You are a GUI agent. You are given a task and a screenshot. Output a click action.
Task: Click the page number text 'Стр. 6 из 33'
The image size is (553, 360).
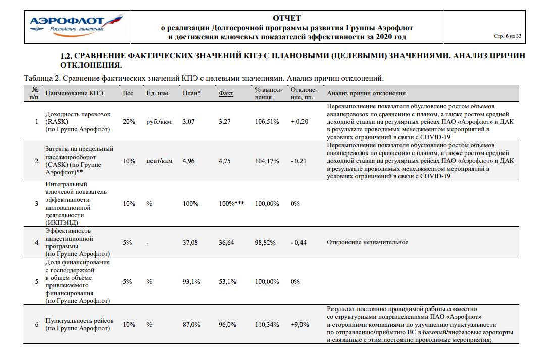click(507, 36)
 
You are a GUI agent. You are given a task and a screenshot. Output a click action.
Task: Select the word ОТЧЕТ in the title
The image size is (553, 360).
click(286, 18)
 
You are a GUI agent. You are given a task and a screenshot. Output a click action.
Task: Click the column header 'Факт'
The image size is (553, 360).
click(226, 93)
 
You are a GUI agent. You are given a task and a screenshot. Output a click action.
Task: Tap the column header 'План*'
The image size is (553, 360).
click(191, 93)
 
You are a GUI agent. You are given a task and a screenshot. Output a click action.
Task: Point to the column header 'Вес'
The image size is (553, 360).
click(128, 93)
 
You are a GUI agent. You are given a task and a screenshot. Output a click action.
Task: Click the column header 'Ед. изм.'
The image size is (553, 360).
click(158, 93)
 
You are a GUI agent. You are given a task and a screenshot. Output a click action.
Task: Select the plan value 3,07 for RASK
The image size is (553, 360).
click(189, 122)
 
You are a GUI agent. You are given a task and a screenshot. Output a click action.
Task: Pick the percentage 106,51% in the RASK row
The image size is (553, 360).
click(267, 122)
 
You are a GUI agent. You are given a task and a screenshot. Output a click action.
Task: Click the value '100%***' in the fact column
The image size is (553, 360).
click(232, 203)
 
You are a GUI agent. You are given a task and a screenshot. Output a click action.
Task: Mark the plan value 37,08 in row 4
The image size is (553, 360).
click(190, 242)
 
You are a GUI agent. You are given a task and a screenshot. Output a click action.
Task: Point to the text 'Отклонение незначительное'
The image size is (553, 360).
click(367, 242)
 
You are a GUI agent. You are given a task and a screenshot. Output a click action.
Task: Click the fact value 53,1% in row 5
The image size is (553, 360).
click(227, 282)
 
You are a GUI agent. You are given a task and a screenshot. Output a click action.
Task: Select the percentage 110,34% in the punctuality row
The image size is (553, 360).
click(267, 324)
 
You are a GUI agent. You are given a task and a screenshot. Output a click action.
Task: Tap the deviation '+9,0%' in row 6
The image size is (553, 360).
click(299, 324)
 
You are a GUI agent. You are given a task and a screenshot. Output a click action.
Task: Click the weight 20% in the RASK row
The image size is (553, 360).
click(129, 122)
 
